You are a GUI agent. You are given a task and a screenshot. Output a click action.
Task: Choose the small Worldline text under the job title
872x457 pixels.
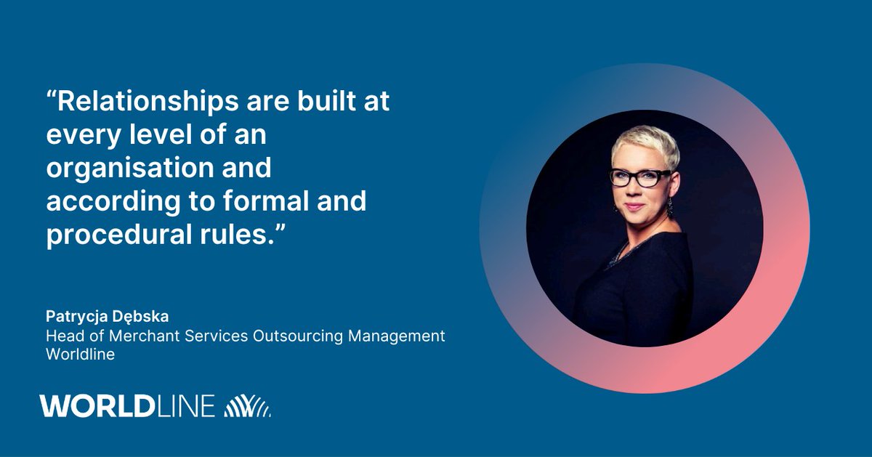point(80,355)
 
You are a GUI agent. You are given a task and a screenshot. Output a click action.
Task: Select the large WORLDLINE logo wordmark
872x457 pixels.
point(128,406)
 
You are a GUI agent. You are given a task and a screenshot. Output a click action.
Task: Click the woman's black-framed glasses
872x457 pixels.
point(639,177)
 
